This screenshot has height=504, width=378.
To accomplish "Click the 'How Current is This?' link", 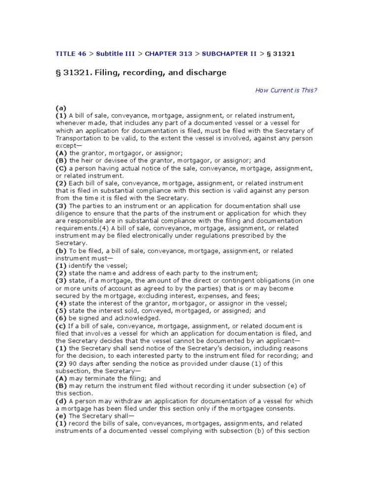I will pyautogui.click(x=286, y=90).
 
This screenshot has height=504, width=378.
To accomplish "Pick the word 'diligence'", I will pyautogui.click(x=69, y=214).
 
